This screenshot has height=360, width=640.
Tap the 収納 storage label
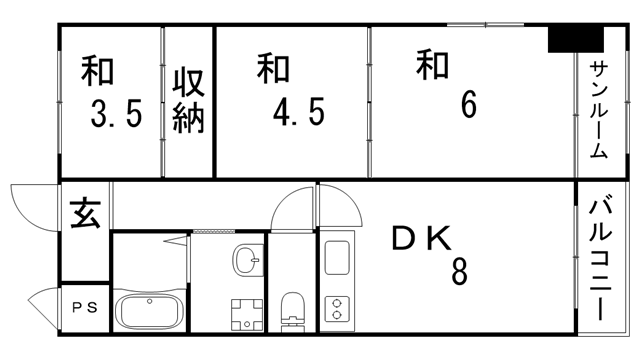pyautogui.click(x=188, y=100)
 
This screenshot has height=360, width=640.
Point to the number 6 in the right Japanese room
pyautogui.click(x=467, y=105)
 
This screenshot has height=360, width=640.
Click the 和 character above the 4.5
pyautogui.click(x=273, y=69)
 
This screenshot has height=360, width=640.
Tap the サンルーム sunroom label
pyautogui.click(x=598, y=110)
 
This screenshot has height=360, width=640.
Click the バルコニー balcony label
pyautogui.click(x=601, y=259)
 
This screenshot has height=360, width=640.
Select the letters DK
pyautogui.click(x=422, y=238)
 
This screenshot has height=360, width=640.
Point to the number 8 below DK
pyautogui.click(x=459, y=271)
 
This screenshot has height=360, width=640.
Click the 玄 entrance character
pyautogui.click(x=84, y=214)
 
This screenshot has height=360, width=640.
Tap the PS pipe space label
pyautogui.click(x=84, y=308)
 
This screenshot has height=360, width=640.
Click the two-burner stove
pyautogui.click(x=338, y=309)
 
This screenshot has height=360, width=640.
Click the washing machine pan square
pyautogui.click(x=245, y=313)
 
